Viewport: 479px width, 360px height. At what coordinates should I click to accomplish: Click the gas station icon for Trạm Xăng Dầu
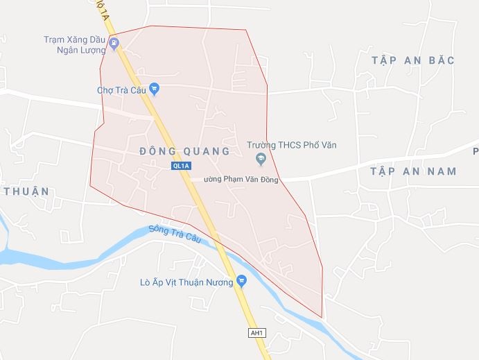click(114, 45)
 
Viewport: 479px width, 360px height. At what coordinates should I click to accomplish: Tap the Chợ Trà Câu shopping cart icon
click(154, 89)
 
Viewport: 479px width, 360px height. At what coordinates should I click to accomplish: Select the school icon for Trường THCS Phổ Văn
click(261, 161)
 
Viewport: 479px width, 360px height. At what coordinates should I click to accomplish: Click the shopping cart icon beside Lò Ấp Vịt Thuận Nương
click(241, 282)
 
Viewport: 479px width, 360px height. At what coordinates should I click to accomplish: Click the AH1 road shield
click(257, 334)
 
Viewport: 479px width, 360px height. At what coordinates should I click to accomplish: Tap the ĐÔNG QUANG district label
click(184, 151)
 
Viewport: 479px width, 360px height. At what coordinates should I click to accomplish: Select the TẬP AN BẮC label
click(412, 60)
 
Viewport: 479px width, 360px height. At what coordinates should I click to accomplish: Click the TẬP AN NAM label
click(413, 171)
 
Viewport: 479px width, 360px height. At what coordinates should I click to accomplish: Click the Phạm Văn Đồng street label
click(241, 180)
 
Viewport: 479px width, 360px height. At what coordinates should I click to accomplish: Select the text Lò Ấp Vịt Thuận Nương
click(186, 282)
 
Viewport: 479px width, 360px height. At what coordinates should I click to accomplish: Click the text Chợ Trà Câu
click(122, 89)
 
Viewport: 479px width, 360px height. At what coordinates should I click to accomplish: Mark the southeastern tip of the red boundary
click(322, 318)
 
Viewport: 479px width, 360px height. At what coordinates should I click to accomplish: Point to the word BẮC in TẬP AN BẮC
click(442, 60)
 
